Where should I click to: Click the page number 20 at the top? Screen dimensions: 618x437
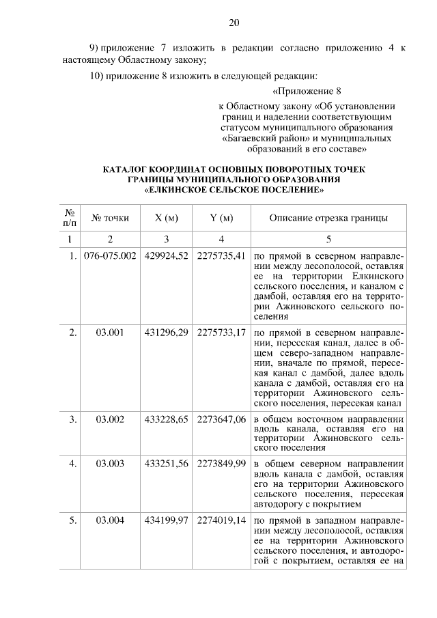tap(234, 23)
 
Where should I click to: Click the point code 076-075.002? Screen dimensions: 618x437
tap(110, 256)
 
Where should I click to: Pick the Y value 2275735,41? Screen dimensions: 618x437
tap(221, 256)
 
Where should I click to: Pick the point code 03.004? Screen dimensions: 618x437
tap(110, 520)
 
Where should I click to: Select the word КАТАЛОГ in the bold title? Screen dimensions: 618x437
tap(128, 169)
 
